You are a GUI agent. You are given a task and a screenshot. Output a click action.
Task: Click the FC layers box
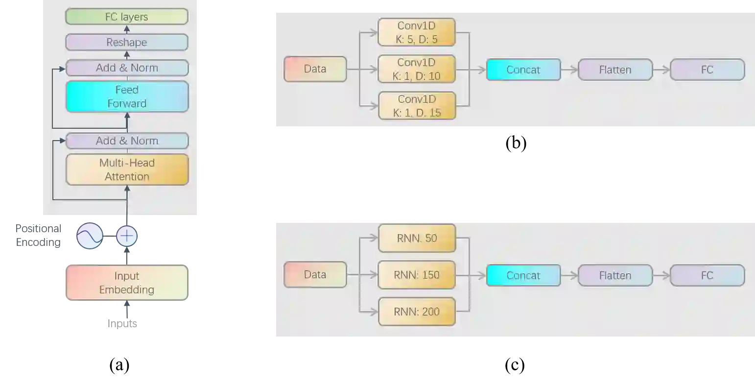127,17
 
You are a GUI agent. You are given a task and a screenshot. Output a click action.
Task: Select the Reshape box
127,42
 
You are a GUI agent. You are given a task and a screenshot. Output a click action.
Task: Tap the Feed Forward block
127,96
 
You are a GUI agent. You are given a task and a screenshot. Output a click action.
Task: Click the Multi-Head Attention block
127,169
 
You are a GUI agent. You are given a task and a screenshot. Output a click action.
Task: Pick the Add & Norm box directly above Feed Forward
127,68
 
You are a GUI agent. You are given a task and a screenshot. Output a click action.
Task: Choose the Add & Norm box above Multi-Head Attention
127,141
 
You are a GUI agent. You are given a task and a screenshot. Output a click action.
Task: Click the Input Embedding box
127,283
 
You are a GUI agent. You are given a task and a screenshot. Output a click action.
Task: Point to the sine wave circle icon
90,236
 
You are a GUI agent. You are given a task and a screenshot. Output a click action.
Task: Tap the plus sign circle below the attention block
127,236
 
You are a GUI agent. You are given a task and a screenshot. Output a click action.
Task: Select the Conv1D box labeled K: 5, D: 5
417,32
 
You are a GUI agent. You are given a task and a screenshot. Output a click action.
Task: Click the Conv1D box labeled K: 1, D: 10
417,69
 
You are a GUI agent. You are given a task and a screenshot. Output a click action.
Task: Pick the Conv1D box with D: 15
417,106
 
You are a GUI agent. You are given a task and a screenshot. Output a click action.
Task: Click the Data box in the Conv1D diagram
315,69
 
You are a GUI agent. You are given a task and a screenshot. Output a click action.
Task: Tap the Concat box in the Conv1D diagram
523,70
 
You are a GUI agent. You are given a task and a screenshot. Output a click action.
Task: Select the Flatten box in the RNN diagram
615,275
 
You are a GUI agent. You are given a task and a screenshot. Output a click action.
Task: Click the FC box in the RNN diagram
707,275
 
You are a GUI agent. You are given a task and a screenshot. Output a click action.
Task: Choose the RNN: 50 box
417,238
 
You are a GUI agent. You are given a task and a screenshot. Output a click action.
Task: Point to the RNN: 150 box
417,275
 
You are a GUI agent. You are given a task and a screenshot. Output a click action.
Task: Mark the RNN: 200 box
417,312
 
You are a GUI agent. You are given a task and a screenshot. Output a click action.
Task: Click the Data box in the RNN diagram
315,275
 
